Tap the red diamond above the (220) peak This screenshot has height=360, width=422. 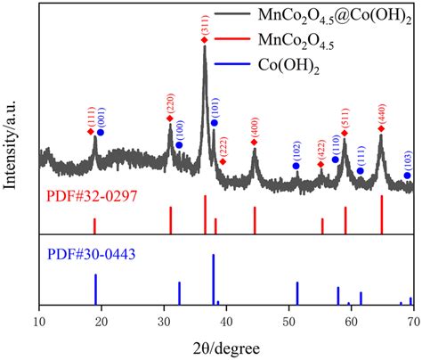170,119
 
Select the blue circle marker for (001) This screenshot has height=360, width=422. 101,132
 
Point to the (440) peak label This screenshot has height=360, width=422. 381,112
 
